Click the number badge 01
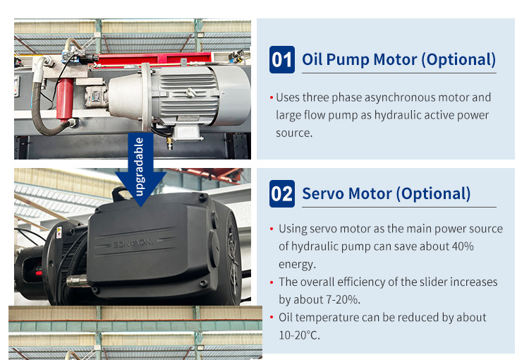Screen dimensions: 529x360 coord(281,60)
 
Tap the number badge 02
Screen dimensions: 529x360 coord(281,194)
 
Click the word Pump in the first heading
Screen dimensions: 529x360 coord(348,61)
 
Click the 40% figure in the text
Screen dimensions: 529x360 coord(463,246)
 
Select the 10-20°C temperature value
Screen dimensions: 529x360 coord(299,335)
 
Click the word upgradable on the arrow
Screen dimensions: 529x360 coord(139,167)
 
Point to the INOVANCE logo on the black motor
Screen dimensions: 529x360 coord(134,243)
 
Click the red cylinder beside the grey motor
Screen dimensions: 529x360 coord(64,99)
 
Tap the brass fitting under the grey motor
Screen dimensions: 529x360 coord(169,143)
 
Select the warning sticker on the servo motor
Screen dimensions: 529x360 coord(59,232)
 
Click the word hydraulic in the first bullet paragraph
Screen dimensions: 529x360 coord(398,115)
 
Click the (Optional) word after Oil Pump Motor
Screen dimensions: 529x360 coord(458,60)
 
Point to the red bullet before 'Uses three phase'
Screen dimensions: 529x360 coord(272,98)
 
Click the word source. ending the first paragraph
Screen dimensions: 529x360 coord(294,133)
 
